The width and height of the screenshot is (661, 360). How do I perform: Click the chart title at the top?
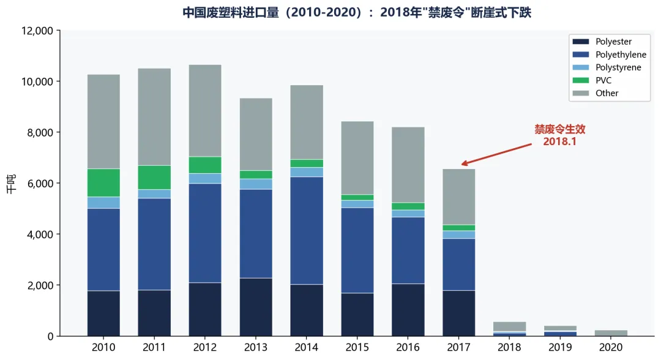[357, 12]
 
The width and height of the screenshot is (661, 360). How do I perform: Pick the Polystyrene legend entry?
[607, 67]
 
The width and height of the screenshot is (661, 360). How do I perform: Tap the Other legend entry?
[596, 93]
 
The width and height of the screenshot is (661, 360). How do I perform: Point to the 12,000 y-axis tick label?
[37, 31]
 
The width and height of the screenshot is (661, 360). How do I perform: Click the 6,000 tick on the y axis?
[40, 184]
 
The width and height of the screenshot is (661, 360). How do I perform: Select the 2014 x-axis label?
[307, 347]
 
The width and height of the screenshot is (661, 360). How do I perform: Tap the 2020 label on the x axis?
[611, 347]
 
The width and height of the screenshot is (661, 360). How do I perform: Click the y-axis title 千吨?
[12, 184]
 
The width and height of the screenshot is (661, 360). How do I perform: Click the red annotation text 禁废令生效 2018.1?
[560, 135]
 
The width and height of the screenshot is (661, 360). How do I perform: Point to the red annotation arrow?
[496, 154]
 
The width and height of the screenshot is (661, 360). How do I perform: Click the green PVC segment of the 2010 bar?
[103, 183]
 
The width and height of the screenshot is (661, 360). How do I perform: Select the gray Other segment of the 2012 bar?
[205, 111]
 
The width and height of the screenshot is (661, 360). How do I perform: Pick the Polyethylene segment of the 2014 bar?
[307, 231]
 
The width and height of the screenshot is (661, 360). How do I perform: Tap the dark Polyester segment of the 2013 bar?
[256, 307]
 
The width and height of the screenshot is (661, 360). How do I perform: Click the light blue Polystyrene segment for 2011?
[154, 194]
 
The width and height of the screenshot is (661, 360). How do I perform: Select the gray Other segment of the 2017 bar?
[458, 197]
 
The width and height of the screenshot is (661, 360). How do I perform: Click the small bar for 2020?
[611, 333]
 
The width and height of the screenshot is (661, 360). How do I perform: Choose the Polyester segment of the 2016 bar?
[408, 310]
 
